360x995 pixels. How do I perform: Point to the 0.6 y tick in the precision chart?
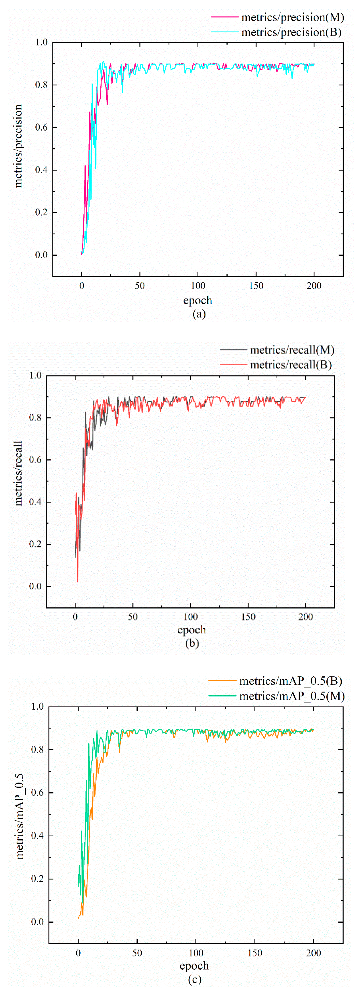[x=41, y=128]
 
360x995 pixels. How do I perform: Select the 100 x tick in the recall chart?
[x=191, y=617]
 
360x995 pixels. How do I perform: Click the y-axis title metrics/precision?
[x=18, y=146]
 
